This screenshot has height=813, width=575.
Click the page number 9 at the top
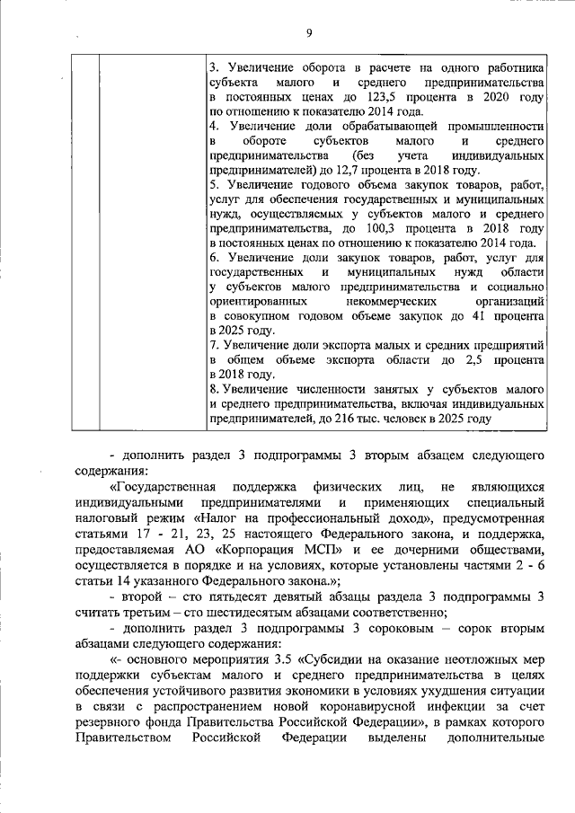pos(308,33)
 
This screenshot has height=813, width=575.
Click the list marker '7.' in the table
pos(213,345)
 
